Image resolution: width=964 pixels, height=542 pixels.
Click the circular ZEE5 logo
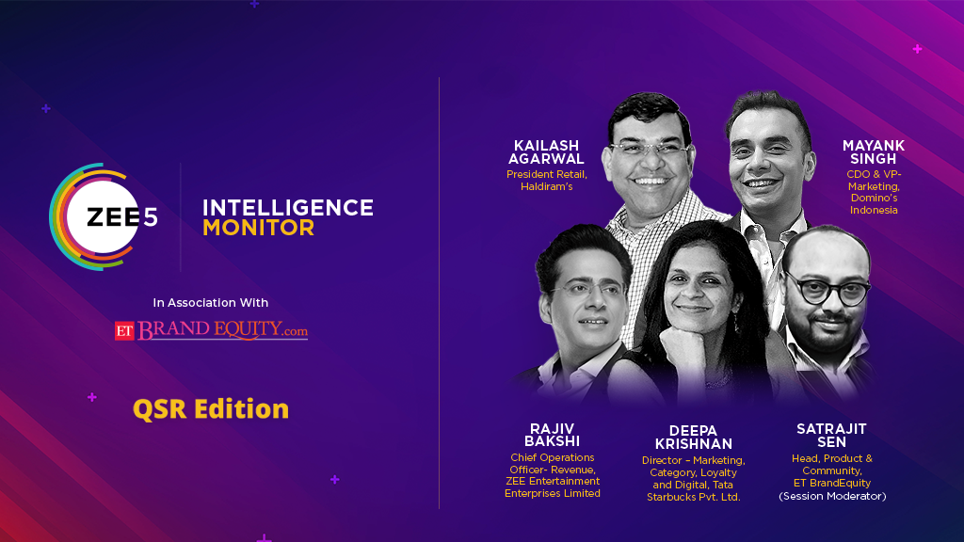pyautogui.click(x=104, y=217)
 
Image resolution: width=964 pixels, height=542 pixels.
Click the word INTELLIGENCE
pyautogui.click(x=288, y=208)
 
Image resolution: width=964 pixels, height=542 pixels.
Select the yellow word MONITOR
pyautogui.click(x=259, y=228)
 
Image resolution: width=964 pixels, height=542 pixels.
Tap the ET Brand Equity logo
pyautogui.click(x=211, y=330)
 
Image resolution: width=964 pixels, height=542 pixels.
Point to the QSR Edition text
pyautogui.click(x=211, y=409)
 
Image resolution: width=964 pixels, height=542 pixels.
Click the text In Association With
pyautogui.click(x=210, y=302)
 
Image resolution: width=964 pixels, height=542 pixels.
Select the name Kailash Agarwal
pyautogui.click(x=546, y=152)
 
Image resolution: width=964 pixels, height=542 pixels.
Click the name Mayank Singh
pyautogui.click(x=874, y=152)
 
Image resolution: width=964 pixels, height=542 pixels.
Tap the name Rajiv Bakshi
pyautogui.click(x=552, y=435)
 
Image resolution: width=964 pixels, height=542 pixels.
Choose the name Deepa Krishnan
pyautogui.click(x=694, y=438)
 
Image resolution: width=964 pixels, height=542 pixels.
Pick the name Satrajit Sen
pyautogui.click(x=832, y=436)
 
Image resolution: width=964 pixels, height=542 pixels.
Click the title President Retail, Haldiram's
pyautogui.click(x=547, y=180)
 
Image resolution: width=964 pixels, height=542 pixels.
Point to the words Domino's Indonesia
pyautogui.click(x=874, y=204)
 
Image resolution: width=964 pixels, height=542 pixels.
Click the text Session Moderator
pyautogui.click(x=832, y=496)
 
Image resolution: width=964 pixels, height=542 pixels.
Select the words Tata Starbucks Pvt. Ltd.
pyautogui.click(x=694, y=491)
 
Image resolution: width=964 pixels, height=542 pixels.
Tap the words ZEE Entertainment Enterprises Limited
pyautogui.click(x=552, y=487)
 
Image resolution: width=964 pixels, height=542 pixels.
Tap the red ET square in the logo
pyautogui.click(x=124, y=331)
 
